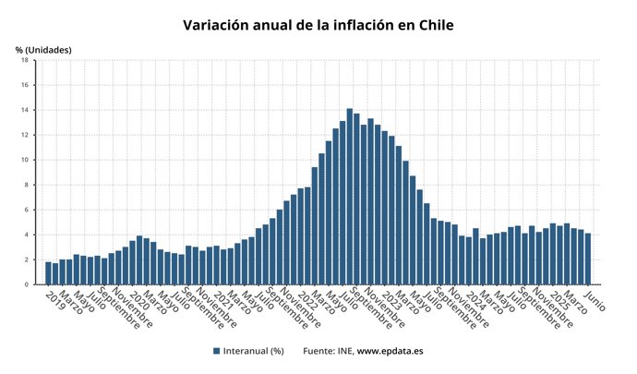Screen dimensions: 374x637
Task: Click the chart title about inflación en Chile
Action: pos(318,25)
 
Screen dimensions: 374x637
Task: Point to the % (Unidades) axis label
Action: pos(43,49)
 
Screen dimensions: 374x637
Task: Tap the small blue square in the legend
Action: pos(216,351)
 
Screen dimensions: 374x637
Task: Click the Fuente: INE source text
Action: pos(328,351)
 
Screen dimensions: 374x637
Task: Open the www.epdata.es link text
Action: pos(390,351)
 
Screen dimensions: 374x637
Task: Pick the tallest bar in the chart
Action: pos(350,197)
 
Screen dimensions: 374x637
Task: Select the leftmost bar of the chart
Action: pos(48,273)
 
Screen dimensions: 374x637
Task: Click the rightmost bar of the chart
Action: pos(587,259)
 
